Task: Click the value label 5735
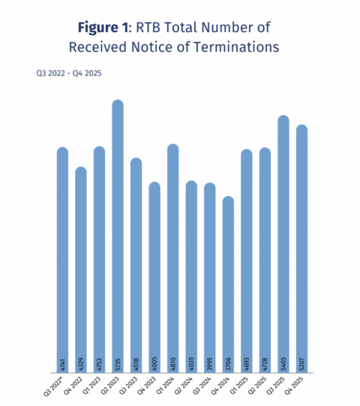pos(118,364)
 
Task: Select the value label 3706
pos(229,364)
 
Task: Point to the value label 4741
pos(63,364)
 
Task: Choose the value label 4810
pos(173,364)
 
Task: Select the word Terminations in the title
pos(238,47)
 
